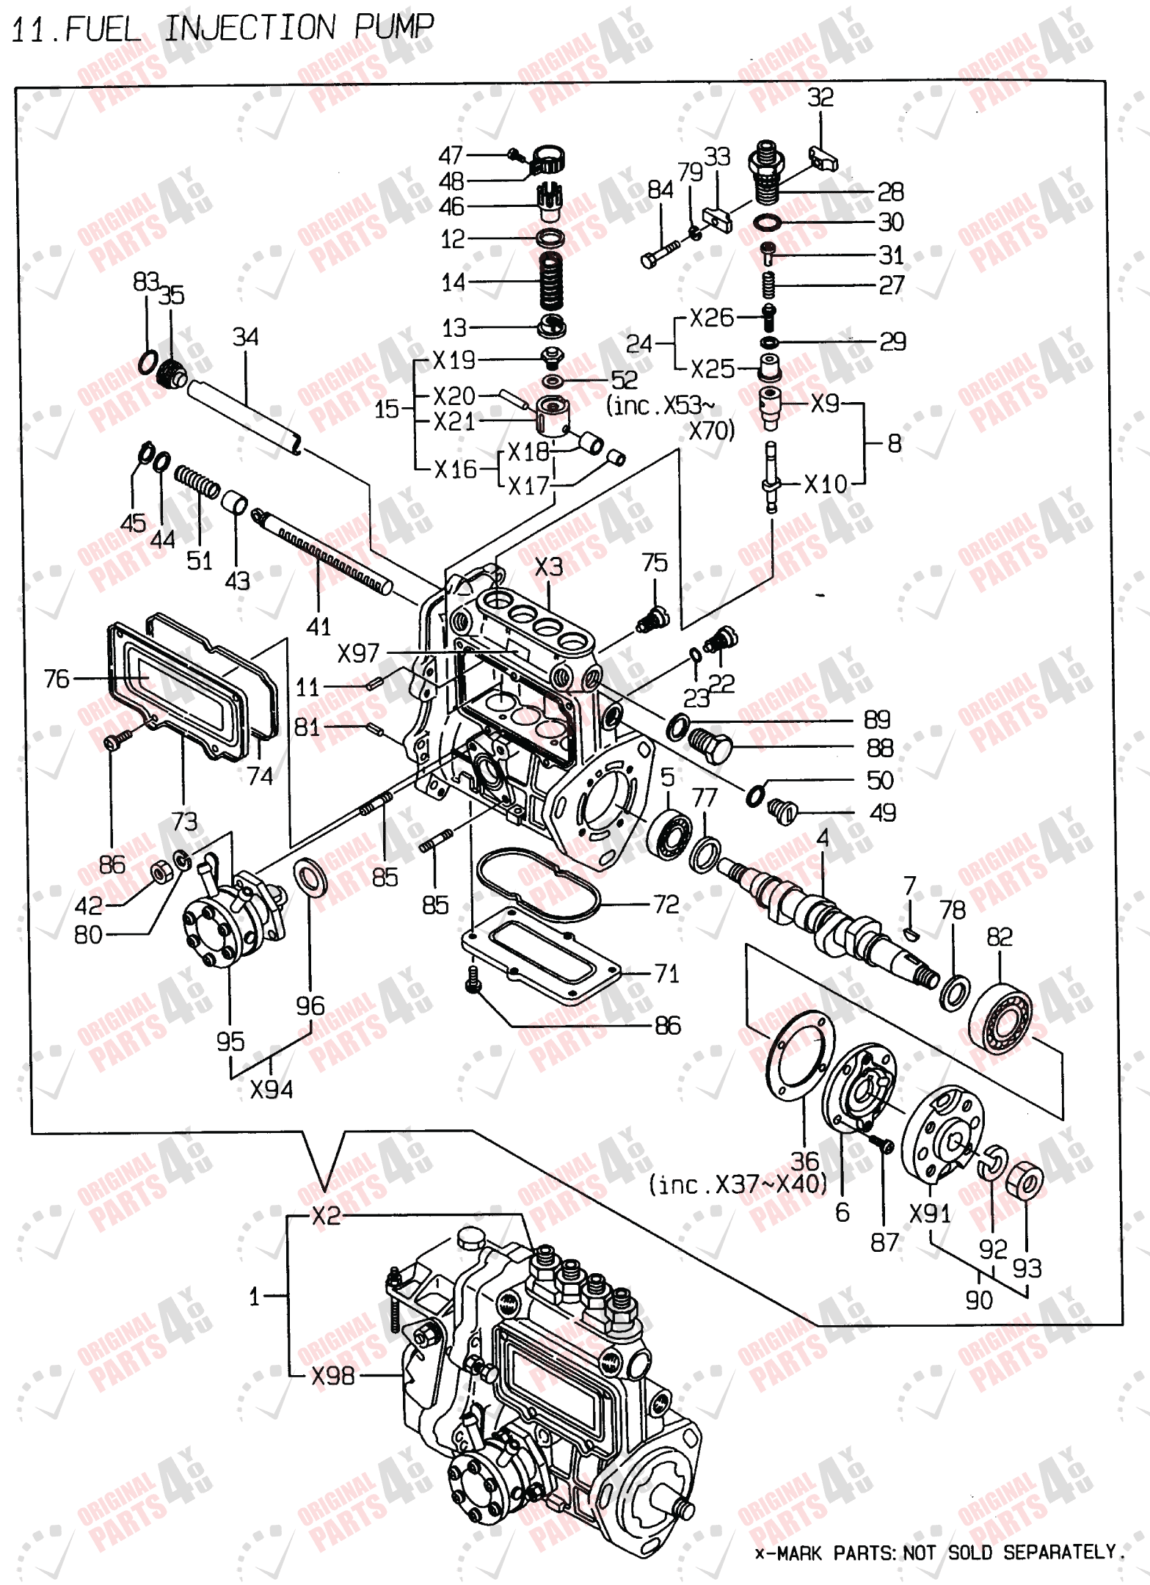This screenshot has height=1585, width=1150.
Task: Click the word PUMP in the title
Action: click(394, 27)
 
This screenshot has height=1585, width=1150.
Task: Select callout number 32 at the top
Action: click(820, 98)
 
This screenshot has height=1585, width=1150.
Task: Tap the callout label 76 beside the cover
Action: click(57, 679)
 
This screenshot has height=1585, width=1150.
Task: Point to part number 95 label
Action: click(230, 1041)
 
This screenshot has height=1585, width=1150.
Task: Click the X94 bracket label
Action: click(271, 1090)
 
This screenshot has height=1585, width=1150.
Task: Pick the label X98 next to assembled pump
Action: click(332, 1375)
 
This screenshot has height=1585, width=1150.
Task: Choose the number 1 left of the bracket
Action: click(254, 1296)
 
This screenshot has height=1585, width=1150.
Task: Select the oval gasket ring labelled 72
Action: click(537, 884)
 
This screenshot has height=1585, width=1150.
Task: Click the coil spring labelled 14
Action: click(551, 281)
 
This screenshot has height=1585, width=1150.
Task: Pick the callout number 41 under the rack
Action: click(319, 626)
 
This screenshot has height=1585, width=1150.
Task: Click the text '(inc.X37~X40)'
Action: click(738, 1184)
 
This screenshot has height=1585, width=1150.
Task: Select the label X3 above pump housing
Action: click(548, 566)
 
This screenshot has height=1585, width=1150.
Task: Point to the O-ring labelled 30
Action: click(768, 222)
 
